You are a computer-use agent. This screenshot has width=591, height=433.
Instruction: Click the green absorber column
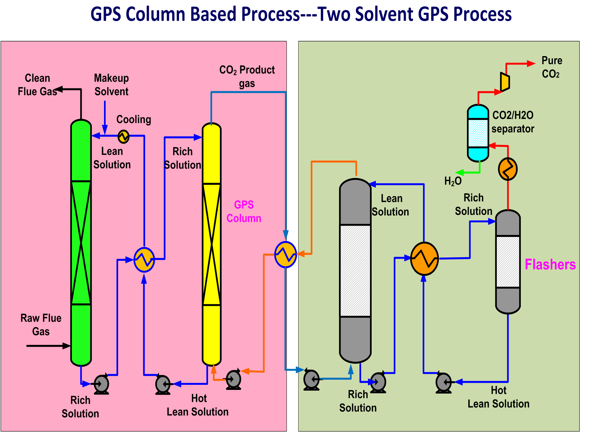pyautogui.click(x=81, y=242)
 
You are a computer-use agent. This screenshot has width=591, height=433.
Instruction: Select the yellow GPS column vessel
pyautogui.click(x=211, y=244)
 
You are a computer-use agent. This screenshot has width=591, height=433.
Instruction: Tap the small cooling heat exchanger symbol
pyautogui.click(x=123, y=137)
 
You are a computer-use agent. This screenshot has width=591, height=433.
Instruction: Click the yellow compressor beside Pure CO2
pyautogui.click(x=505, y=82)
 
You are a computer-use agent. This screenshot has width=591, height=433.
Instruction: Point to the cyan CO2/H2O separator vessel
pyautogui.click(x=478, y=133)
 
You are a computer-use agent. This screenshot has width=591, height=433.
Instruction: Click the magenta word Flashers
pyautogui.click(x=550, y=265)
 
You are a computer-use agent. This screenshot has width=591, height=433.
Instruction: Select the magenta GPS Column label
pyautogui.click(x=244, y=211)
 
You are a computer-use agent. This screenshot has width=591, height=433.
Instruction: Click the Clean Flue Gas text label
pyautogui.click(x=37, y=85)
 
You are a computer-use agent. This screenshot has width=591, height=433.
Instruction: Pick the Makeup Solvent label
pyautogui.click(x=111, y=85)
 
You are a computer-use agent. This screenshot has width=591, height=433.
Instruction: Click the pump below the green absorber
pyautogui.click(x=101, y=384)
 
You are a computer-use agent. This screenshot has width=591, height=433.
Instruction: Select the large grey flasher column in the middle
pyautogui.click(x=355, y=270)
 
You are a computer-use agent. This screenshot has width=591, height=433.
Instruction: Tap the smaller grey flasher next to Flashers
pyautogui.click(x=508, y=262)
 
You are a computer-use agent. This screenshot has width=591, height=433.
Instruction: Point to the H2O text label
pyautogui.click(x=453, y=181)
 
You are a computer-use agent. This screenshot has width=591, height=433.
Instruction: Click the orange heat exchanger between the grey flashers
pyautogui.click(x=424, y=259)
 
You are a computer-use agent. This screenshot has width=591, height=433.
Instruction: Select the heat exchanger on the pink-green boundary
pyautogui.click(x=285, y=254)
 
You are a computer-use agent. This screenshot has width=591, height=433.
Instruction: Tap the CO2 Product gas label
pyautogui.click(x=247, y=76)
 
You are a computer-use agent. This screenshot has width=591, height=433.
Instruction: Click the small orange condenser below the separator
pyautogui.click(x=508, y=169)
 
